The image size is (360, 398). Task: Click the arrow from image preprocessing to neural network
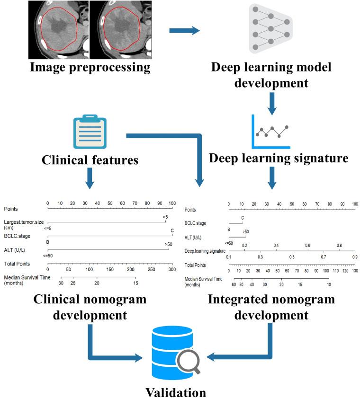click(x=184, y=31)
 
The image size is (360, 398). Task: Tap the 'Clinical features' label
click(x=90, y=160)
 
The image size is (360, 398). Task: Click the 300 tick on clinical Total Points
click(x=172, y=269)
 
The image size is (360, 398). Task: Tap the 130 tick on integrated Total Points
click(x=355, y=271)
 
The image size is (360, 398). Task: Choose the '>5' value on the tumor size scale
click(x=165, y=217)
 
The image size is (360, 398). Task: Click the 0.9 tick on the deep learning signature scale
click(x=355, y=256)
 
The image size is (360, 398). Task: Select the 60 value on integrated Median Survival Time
click(x=234, y=285)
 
